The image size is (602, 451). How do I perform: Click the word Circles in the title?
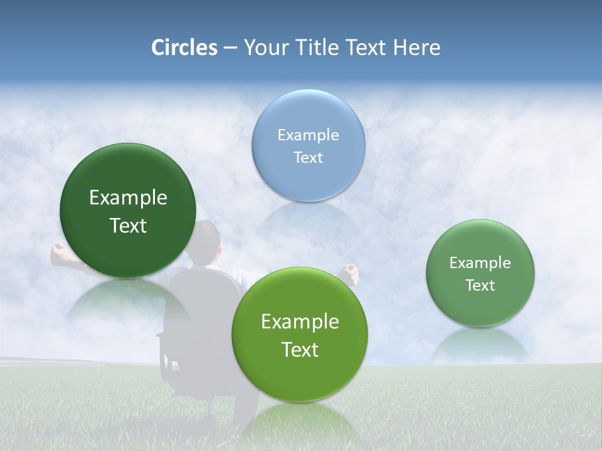184,48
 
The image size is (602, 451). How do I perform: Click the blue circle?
308,145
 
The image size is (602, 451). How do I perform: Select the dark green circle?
128,210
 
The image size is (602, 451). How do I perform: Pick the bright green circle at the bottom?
299,334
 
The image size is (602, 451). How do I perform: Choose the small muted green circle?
480,272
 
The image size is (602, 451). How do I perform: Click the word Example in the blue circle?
308,135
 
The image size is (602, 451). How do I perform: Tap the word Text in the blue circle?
308,157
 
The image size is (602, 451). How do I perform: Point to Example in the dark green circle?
128,197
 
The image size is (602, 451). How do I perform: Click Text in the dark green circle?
128,225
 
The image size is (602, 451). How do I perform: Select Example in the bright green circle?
300,321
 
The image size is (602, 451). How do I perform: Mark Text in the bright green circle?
300,349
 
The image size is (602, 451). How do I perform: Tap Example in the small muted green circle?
480,262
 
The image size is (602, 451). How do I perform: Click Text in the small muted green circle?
480,285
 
